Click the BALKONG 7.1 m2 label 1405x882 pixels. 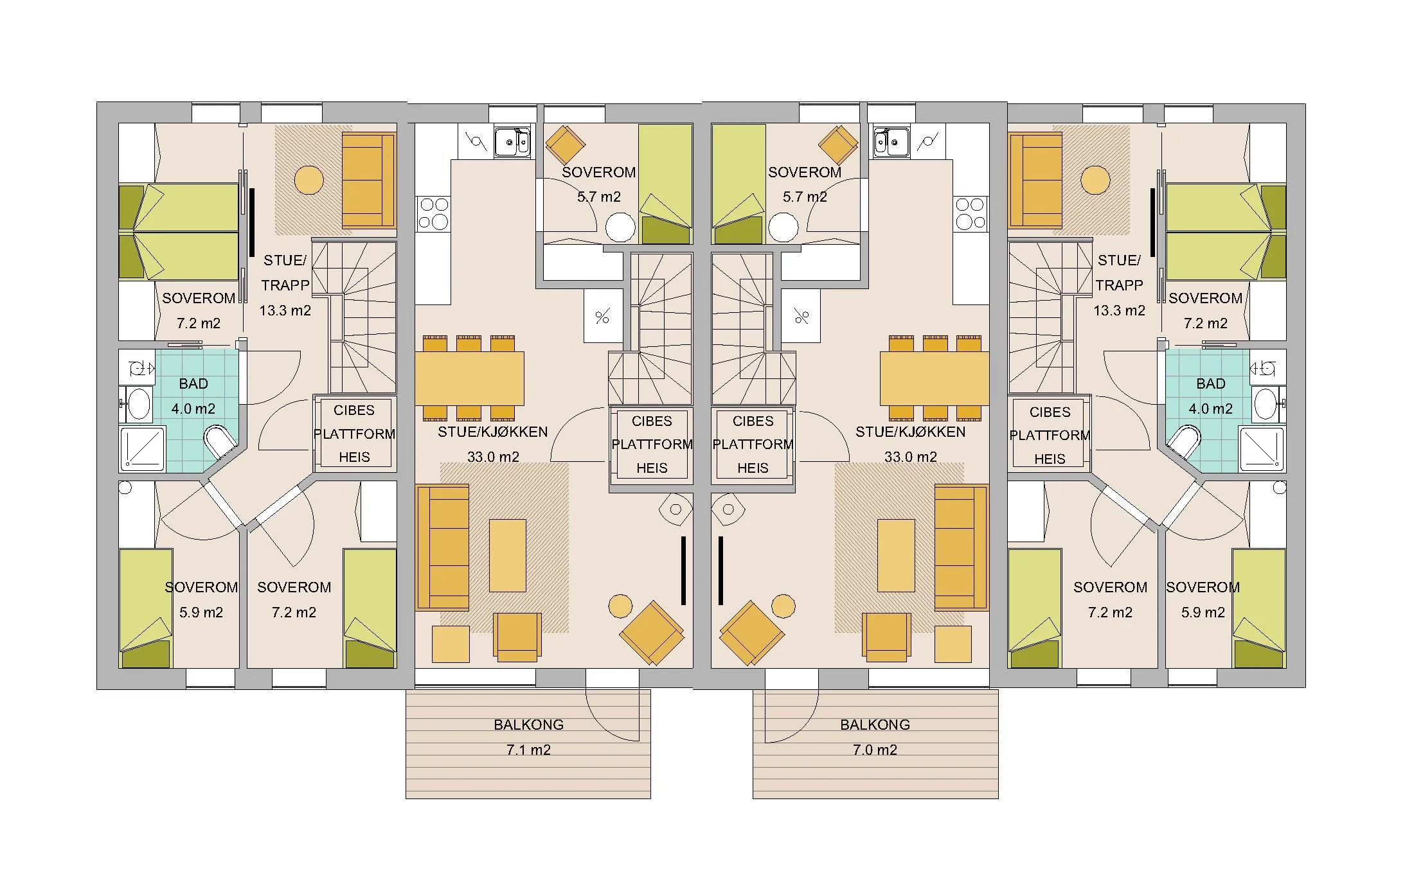pyautogui.click(x=528, y=737)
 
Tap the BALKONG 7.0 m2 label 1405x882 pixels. pyautogui.click(x=875, y=737)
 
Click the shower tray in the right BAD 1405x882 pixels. pyautogui.click(x=1262, y=447)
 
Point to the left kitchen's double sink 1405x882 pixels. pyautogui.click(x=512, y=142)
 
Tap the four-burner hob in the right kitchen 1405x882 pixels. pyautogui.click(x=970, y=213)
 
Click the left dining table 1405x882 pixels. pyautogui.click(x=469, y=378)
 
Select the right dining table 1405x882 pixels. pyautogui.click(x=934, y=378)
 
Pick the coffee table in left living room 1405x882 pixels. pyautogui.click(x=507, y=555)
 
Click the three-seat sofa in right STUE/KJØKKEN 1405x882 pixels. pyautogui.click(x=960, y=547)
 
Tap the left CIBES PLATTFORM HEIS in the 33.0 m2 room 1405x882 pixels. pyautogui.click(x=651, y=445)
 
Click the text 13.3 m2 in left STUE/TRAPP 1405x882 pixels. pyautogui.click(x=285, y=311)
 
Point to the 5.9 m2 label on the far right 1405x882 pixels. pyautogui.click(x=1203, y=613)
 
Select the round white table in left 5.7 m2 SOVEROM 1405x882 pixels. pyautogui.click(x=620, y=227)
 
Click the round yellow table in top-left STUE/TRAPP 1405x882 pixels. pyautogui.click(x=309, y=180)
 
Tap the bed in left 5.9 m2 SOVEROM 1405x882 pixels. pyautogui.click(x=146, y=607)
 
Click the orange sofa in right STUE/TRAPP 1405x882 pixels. pyautogui.click(x=1035, y=181)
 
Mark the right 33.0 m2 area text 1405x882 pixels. pyautogui.click(x=910, y=457)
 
